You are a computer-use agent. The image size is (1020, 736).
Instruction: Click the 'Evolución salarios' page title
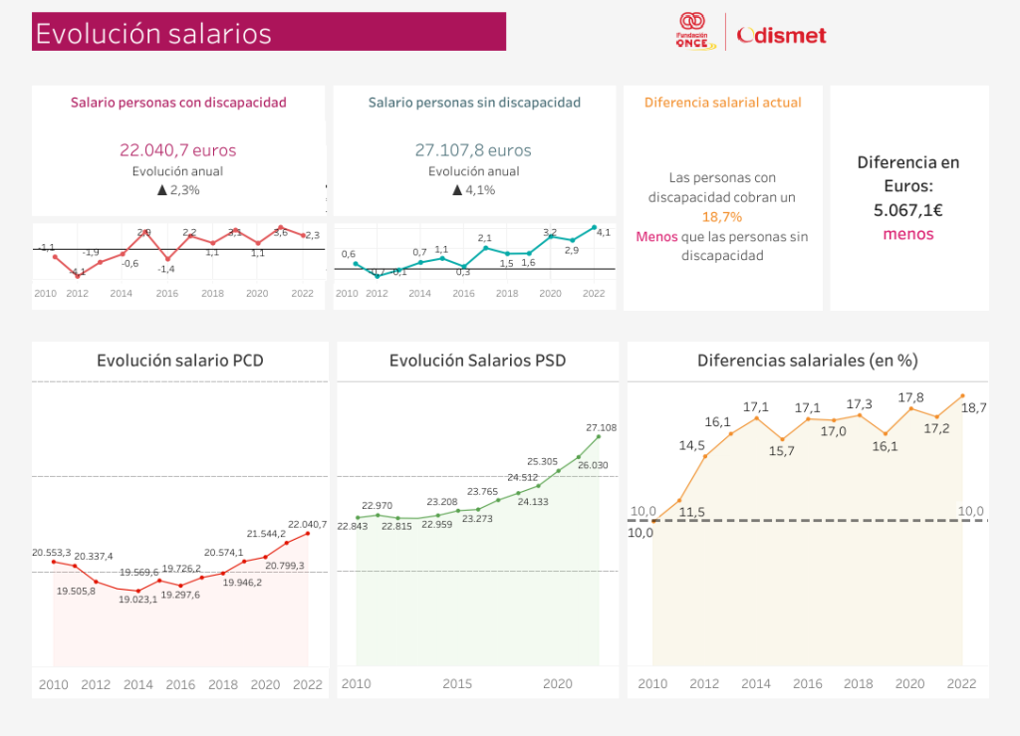coord(153,33)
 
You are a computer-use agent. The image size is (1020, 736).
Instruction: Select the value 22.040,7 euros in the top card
coord(178,150)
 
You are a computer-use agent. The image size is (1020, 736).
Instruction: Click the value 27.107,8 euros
coord(473,150)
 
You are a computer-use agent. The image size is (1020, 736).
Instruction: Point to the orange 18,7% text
coord(722,217)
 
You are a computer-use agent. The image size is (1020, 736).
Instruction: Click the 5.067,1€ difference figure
coord(908,210)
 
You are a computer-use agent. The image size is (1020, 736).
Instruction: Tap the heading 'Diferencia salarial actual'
coord(723,103)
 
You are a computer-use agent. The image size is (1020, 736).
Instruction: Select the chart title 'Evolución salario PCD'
coord(180,361)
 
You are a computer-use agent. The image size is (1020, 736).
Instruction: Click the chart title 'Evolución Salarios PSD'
coord(477,361)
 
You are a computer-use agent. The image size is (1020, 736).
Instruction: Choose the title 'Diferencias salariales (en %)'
coord(808,361)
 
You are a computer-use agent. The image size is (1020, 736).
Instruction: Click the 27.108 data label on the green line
coord(602,427)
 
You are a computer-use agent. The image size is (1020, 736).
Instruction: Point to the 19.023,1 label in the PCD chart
coord(138,600)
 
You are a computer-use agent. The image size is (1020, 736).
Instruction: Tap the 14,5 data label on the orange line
coord(692,445)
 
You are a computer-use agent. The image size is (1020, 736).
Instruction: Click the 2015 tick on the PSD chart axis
coord(457,684)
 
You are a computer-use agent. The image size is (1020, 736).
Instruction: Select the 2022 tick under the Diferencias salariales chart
coord(962,684)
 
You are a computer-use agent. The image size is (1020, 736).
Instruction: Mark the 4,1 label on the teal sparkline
coord(604,232)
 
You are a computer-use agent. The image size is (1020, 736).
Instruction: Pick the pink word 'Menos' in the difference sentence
coord(656,237)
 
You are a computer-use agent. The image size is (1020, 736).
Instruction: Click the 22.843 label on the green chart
coord(354,526)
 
